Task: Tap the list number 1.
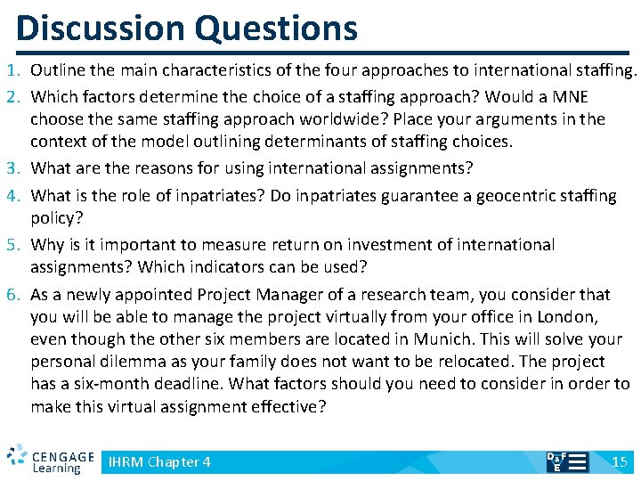(12, 70)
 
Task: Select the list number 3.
(12, 167)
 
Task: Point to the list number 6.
(12, 295)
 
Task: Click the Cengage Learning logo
(50, 459)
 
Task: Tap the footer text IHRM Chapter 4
(159, 461)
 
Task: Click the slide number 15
(620, 461)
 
